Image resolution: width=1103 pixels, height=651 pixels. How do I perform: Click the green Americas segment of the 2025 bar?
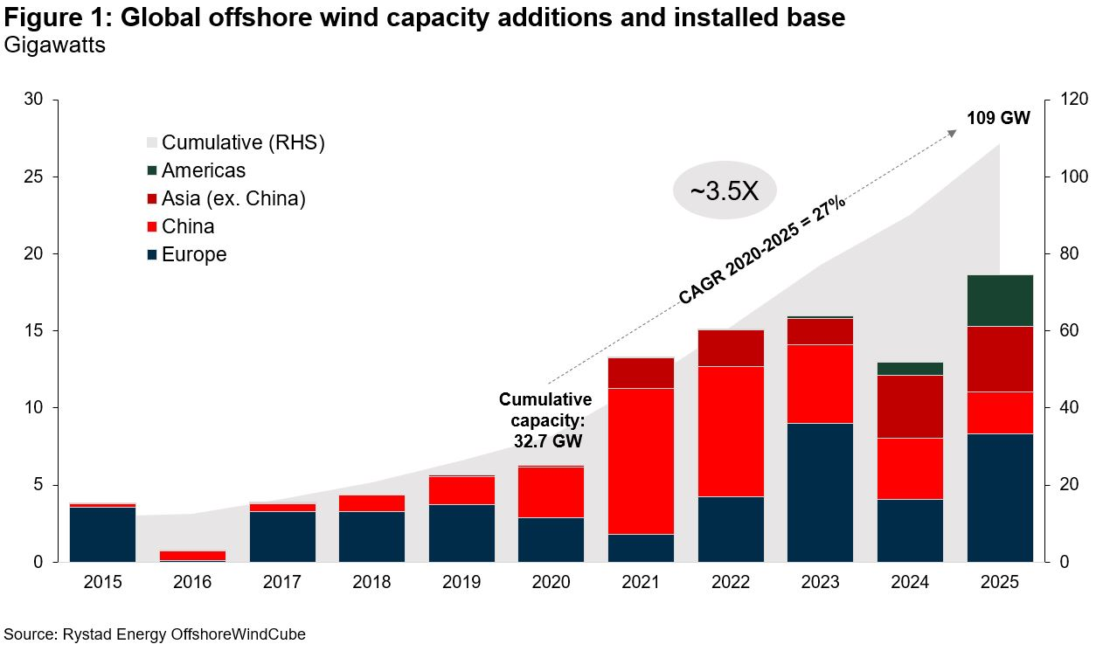pyautogui.click(x=1000, y=300)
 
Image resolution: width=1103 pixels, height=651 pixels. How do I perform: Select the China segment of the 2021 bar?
pyautogui.click(x=641, y=461)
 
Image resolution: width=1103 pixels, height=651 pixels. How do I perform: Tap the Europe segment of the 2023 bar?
pyautogui.click(x=820, y=492)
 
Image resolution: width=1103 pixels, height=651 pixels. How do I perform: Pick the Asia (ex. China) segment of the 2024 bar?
pyautogui.click(x=910, y=406)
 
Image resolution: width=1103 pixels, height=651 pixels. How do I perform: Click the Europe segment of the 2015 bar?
pyautogui.click(x=102, y=534)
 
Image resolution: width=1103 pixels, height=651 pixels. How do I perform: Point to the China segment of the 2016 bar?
pyautogui.click(x=192, y=555)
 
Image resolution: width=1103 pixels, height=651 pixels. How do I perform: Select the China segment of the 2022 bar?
pyautogui.click(x=731, y=431)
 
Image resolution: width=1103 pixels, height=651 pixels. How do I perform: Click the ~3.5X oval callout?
pyautogui.click(x=725, y=191)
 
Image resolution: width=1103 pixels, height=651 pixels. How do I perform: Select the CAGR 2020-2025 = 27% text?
pyautogui.click(x=761, y=250)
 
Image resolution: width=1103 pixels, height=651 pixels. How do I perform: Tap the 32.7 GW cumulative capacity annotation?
pyautogui.click(x=545, y=421)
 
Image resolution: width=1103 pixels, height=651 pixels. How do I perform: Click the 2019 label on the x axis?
pyautogui.click(x=461, y=582)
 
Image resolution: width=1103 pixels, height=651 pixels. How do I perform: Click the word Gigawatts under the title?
pyautogui.click(x=54, y=45)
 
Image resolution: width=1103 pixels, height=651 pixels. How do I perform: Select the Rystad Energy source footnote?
pyautogui.click(x=155, y=634)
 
